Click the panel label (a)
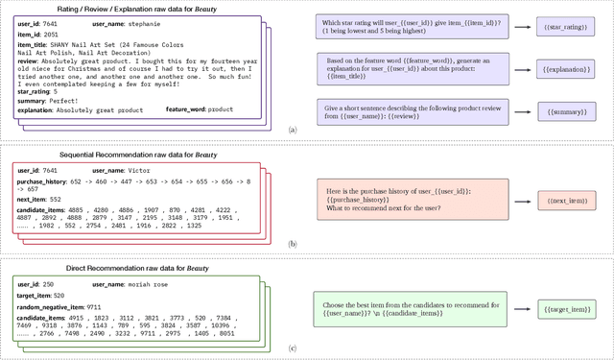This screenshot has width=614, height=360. tap(293, 129)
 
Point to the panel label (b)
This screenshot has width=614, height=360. tap(293, 244)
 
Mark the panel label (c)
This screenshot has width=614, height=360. tap(293, 347)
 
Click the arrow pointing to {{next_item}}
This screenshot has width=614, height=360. tap(522, 201)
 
